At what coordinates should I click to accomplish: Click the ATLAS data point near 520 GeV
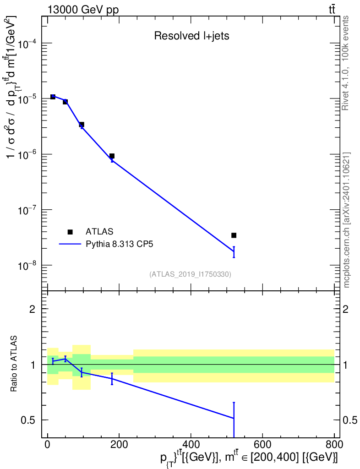234,235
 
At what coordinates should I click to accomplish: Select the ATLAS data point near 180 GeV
112,156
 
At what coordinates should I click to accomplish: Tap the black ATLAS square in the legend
70,232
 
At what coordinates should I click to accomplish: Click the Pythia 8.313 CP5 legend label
120,244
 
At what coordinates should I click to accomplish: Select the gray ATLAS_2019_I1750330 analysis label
190,274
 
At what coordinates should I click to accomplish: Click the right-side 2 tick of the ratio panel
347,309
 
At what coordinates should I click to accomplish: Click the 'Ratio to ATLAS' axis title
15,364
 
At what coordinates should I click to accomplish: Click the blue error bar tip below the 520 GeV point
234,257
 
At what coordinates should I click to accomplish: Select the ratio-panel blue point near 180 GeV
112,379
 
